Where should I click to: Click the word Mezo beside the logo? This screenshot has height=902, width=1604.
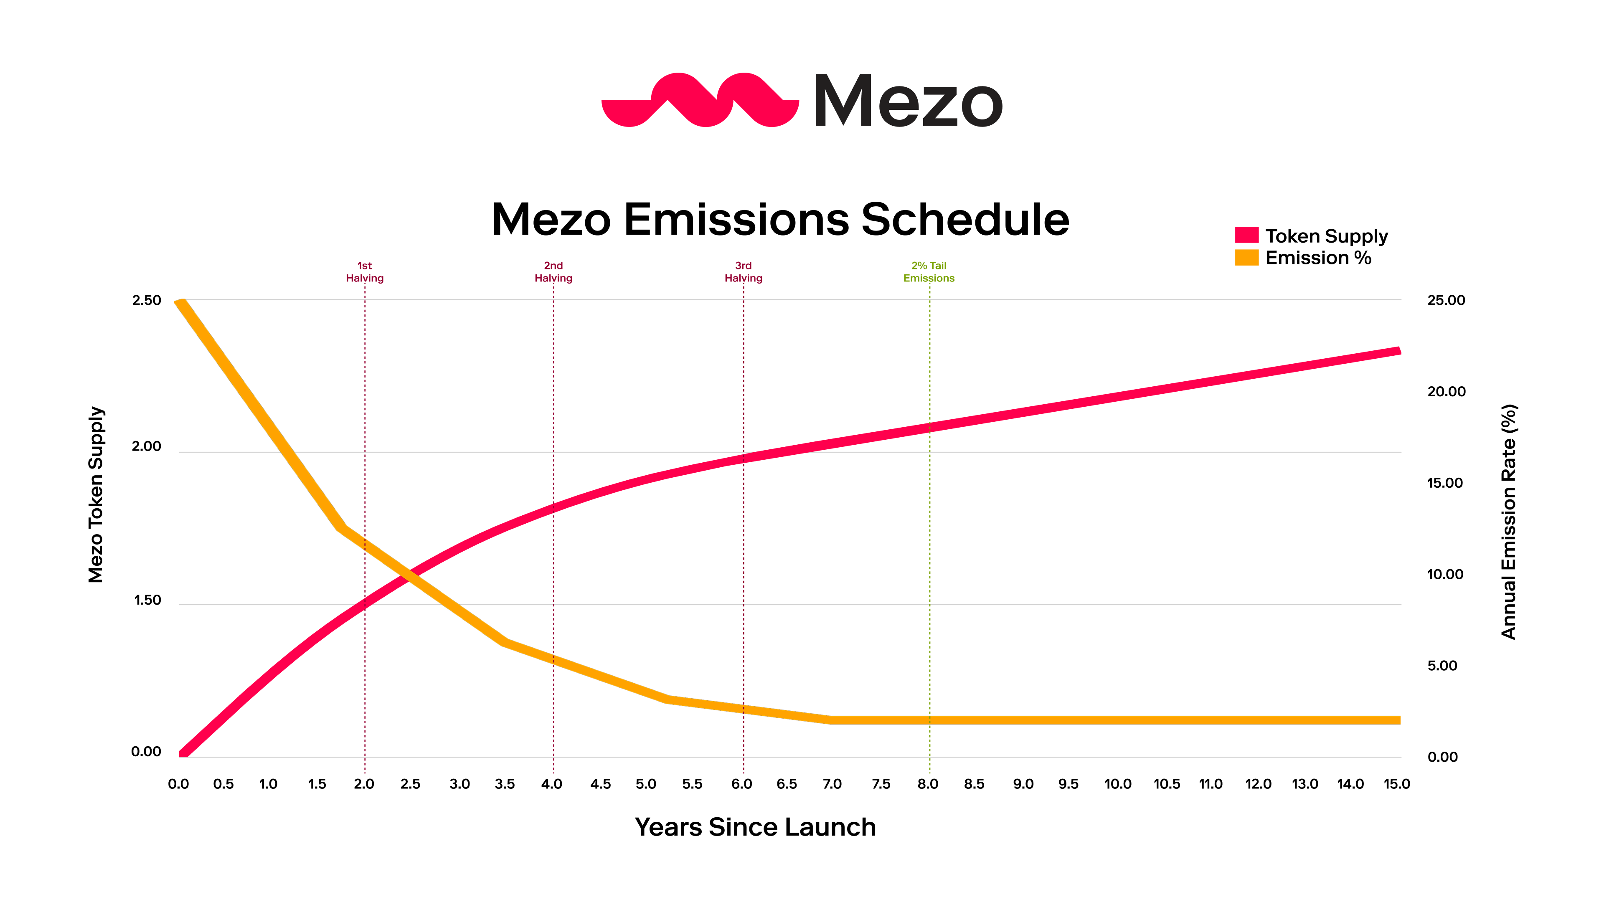pos(908,101)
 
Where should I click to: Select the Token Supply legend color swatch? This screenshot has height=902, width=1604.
pos(1246,235)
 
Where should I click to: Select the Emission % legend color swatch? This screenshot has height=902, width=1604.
pos(1246,257)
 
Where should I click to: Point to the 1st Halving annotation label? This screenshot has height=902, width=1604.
pos(365,272)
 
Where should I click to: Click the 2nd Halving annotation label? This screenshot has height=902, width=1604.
pos(553,272)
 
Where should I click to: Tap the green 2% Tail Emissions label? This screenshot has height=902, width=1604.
pos(929,272)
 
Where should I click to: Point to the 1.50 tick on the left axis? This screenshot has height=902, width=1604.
pos(147,600)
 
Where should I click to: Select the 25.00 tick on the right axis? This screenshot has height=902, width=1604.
pos(1446,300)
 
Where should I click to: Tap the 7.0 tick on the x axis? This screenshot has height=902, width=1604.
pos(832,784)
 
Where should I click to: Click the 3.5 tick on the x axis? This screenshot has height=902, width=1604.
pos(504,784)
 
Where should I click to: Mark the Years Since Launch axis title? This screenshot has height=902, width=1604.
pos(755,827)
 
